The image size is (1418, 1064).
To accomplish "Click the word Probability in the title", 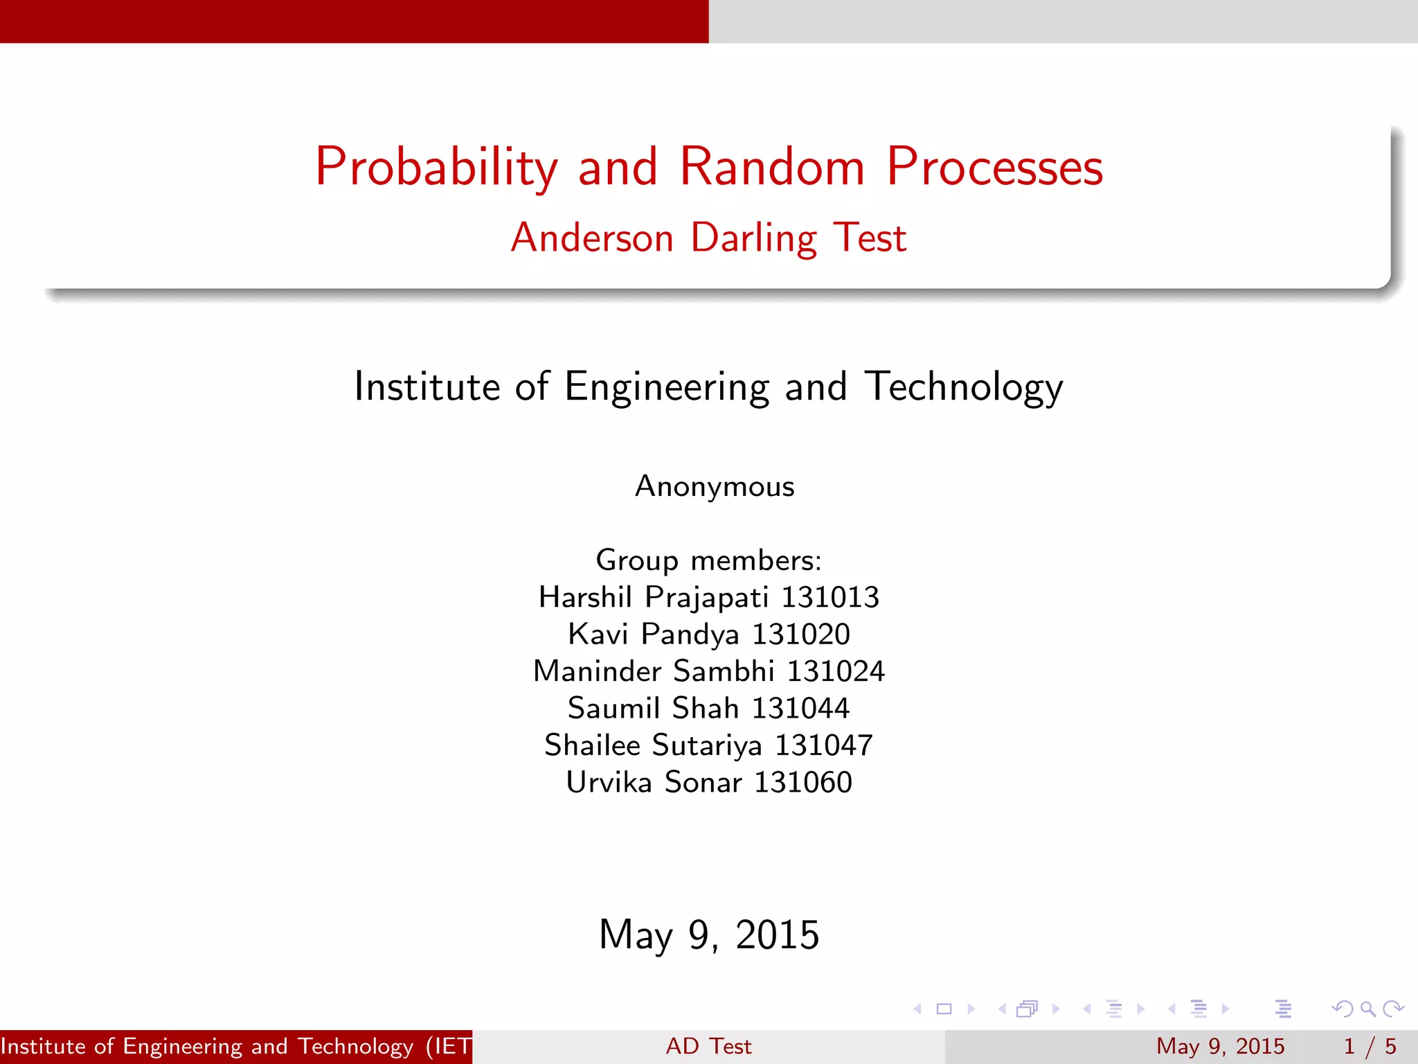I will [x=436, y=168].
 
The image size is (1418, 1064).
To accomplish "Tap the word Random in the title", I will [x=772, y=168].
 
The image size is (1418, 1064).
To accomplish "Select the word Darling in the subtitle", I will [x=754, y=238].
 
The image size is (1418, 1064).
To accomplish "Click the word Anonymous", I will [x=715, y=486].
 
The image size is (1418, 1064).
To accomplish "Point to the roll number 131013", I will [x=830, y=597].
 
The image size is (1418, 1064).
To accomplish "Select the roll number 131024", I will [x=836, y=671].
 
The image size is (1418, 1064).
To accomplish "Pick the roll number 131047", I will [x=824, y=745].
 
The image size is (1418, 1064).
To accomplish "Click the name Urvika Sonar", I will [x=654, y=783].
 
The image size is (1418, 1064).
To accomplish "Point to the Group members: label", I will [x=708, y=560].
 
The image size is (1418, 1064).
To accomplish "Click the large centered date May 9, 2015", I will [x=709, y=934].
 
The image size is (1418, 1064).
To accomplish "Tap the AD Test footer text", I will [x=708, y=1046].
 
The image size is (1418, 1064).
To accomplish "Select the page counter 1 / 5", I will [x=1370, y=1046].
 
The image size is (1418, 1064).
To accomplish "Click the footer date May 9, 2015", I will [x=1220, y=1046].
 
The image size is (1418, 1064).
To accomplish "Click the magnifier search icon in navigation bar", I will [x=1367, y=1009].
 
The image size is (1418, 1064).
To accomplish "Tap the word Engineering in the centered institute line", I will [x=667, y=387].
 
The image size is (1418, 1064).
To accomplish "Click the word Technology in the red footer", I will [x=355, y=1046].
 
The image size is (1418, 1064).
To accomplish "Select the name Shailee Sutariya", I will [x=653, y=745].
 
